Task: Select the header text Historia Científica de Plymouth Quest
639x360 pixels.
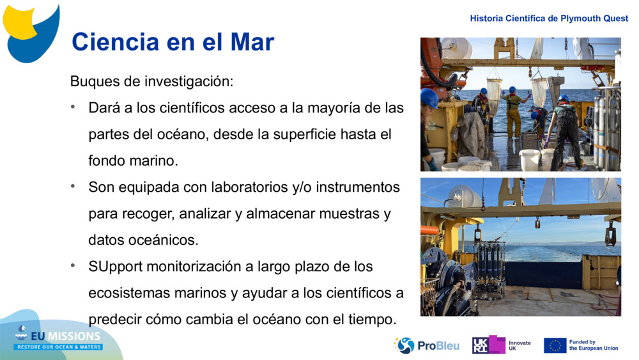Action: click(x=549, y=19)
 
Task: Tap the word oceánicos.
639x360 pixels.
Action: click(x=160, y=240)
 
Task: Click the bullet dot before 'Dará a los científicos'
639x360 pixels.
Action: click(x=73, y=107)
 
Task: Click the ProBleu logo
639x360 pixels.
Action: click(x=418, y=345)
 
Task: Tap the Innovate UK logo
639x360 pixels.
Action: click(x=501, y=345)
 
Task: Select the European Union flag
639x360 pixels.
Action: click(x=555, y=345)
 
